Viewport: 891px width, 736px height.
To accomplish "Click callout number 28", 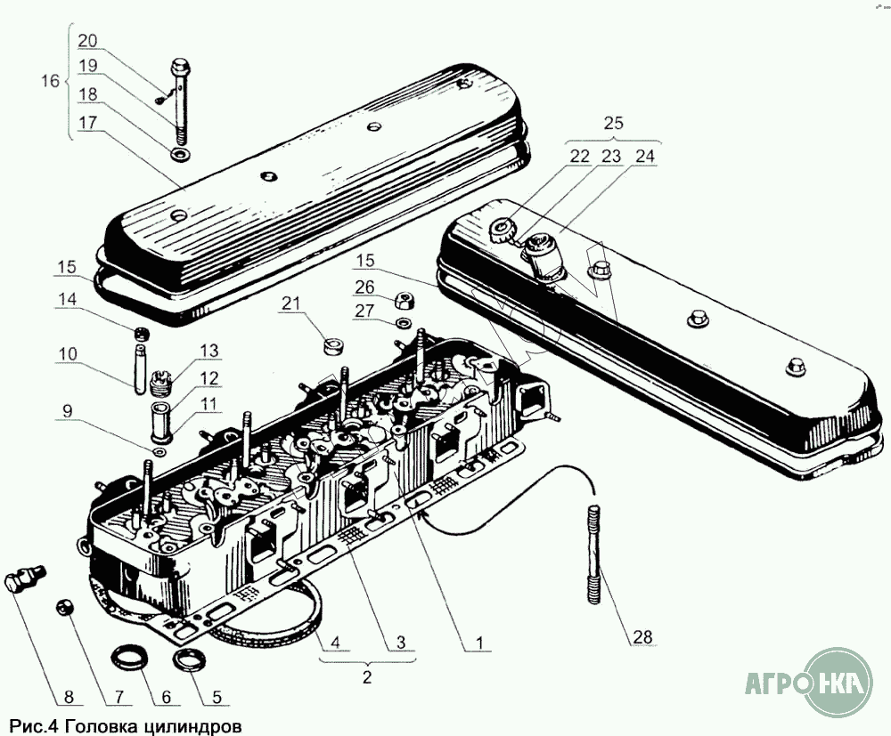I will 642,637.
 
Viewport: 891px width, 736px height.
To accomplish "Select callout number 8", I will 43,696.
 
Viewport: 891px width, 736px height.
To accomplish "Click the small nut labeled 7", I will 63,607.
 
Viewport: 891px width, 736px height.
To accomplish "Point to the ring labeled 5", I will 188,662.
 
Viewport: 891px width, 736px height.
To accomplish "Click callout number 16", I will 50,81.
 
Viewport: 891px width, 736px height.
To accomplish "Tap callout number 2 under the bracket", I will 367,676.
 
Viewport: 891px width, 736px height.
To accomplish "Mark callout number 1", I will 479,641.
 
